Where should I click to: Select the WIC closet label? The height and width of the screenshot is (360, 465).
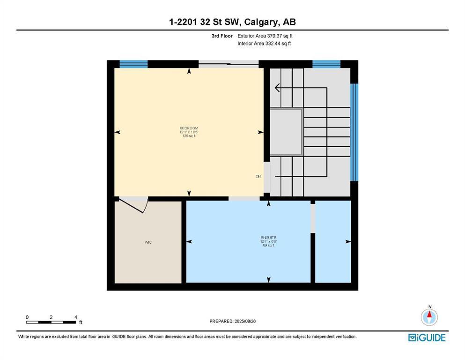pos(148,242)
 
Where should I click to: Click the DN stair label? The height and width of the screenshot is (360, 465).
pos(258,177)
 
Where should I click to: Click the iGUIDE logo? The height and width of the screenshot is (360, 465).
pos(427,337)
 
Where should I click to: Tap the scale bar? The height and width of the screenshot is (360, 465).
pos(52,322)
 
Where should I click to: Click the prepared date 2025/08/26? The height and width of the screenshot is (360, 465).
pos(232,321)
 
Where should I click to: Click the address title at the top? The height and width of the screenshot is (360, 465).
pos(232,22)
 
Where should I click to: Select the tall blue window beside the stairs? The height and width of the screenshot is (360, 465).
pos(354,132)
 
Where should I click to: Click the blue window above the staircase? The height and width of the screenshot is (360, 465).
pos(326,64)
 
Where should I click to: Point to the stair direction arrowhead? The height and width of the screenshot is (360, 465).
pos(278,88)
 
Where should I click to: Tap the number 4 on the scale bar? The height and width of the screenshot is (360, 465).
pos(76,317)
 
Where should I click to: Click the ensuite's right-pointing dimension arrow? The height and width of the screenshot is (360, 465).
pos(348,241)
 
